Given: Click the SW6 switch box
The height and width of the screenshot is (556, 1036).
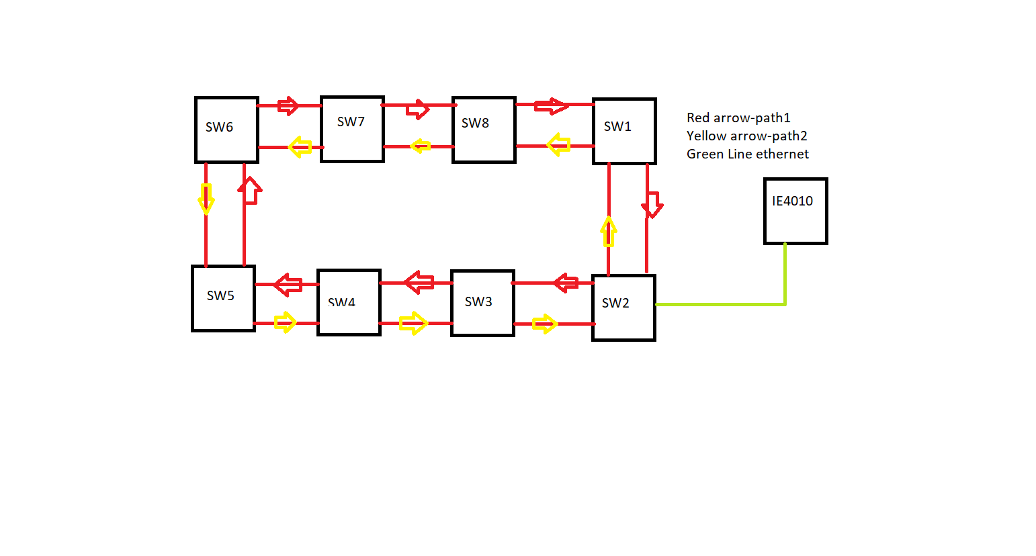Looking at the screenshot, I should click(226, 130).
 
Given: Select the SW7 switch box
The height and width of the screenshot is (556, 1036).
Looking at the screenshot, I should click(352, 129).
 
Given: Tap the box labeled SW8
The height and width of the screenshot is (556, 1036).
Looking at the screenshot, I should click(484, 130).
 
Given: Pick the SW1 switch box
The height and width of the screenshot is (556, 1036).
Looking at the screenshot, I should click(624, 131).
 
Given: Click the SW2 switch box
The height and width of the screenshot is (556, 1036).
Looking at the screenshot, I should click(623, 308).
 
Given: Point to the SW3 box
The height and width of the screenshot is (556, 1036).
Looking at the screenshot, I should click(482, 303).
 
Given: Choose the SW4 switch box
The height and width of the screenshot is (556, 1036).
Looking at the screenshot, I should click(349, 303).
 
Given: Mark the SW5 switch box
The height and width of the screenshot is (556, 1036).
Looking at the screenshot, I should click(223, 298).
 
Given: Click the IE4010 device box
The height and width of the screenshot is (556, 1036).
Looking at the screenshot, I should click(795, 211).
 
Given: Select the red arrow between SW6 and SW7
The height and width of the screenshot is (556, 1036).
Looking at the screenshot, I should click(288, 105).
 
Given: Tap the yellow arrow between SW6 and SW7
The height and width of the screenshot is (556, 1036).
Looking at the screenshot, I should click(300, 147).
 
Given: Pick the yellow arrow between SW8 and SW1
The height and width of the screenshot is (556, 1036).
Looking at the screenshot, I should click(558, 144).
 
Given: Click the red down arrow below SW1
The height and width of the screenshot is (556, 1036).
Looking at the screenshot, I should click(652, 204).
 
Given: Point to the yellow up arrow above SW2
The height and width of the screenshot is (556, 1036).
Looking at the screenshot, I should click(609, 231).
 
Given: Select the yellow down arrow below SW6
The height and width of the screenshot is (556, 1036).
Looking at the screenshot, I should click(206, 199).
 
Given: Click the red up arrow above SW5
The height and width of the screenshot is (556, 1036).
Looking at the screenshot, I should click(249, 191).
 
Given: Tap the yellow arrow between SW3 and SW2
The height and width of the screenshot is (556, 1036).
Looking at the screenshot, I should click(545, 324).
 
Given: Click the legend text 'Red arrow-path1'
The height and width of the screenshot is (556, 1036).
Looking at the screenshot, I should click(738, 118).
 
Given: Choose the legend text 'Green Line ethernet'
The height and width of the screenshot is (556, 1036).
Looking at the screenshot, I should click(747, 154).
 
